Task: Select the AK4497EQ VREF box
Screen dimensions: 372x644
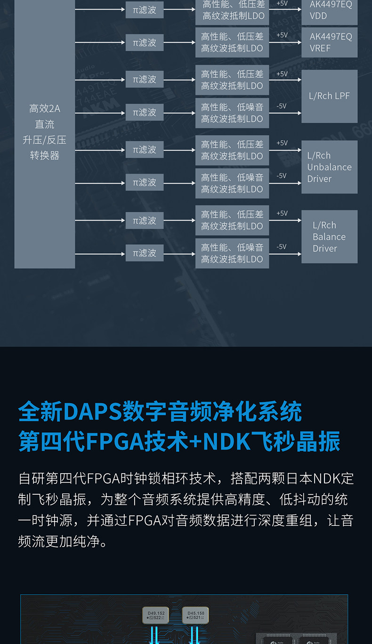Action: (330, 42)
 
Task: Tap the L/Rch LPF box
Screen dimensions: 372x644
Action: (330, 96)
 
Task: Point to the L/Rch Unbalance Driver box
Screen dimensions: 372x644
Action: (330, 167)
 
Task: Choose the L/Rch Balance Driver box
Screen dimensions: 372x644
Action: (330, 236)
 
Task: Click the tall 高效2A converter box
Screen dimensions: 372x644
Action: (45, 132)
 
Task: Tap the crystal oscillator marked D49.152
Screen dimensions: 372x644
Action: (155, 615)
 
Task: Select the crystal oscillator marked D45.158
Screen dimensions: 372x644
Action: (195, 615)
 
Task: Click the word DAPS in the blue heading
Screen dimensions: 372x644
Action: (92, 412)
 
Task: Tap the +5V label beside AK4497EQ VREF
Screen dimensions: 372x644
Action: (282, 35)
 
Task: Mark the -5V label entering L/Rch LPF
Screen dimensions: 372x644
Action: (281, 106)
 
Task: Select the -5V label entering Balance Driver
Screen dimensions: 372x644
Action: (281, 247)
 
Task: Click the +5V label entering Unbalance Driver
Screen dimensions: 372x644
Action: (282, 143)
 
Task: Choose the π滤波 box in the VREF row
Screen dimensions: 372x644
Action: (145, 43)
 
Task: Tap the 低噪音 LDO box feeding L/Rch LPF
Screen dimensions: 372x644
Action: (232, 113)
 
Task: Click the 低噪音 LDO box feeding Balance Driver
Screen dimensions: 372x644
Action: (232, 253)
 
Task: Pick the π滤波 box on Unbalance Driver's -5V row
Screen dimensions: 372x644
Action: (145, 182)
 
